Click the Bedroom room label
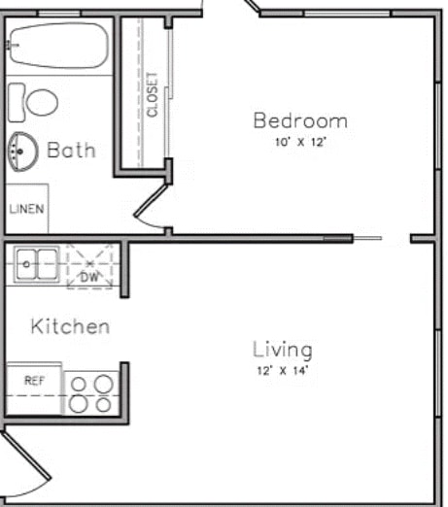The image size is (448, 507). pyautogui.click(x=300, y=121)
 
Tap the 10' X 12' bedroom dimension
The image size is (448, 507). pyautogui.click(x=300, y=142)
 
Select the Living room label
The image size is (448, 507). pyautogui.click(x=283, y=349)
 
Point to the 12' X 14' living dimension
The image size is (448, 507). pyautogui.click(x=283, y=370)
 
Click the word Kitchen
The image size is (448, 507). pyautogui.click(x=70, y=326)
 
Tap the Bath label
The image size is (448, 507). pyautogui.click(x=72, y=151)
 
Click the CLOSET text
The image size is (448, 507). pyautogui.click(x=152, y=94)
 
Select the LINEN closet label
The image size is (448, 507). pyautogui.click(x=26, y=209)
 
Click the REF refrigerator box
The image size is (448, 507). pyautogui.click(x=34, y=381)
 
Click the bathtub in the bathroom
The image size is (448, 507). pyautogui.click(x=56, y=46)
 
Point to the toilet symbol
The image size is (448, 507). pyautogui.click(x=34, y=101)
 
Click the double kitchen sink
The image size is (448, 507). pyautogui.click(x=35, y=262)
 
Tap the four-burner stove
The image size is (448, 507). pyautogui.click(x=90, y=392)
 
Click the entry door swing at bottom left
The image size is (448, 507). pyautogui.click(x=24, y=466)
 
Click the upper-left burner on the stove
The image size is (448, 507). pyautogui.click(x=80, y=383)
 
